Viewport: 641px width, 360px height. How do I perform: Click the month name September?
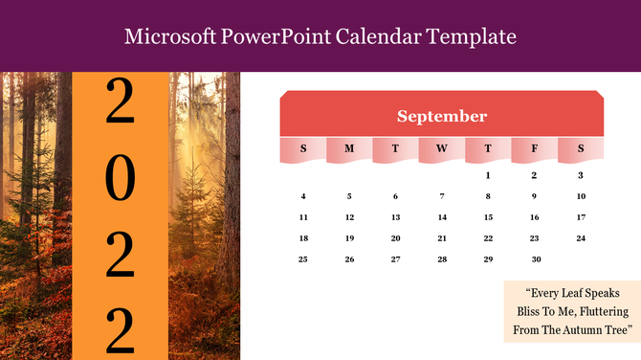coord(442,117)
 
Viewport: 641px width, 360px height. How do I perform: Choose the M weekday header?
coord(349,148)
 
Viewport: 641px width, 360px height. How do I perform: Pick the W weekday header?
coord(441,148)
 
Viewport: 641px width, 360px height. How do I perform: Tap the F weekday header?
coord(534,148)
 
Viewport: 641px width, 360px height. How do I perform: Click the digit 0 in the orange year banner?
coord(120,177)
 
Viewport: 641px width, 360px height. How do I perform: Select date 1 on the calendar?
coord(488,175)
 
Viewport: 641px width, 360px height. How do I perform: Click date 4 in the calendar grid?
coord(303,196)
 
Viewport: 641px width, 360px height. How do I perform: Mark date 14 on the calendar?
coord(441,217)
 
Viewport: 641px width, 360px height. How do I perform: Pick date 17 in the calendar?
coord(581,217)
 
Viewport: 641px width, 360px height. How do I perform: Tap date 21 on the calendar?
coord(441,238)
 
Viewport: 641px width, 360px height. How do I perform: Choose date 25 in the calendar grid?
coord(303,259)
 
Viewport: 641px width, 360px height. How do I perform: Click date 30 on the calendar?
coord(536,259)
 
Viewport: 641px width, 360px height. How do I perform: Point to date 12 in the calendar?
coord(349,217)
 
